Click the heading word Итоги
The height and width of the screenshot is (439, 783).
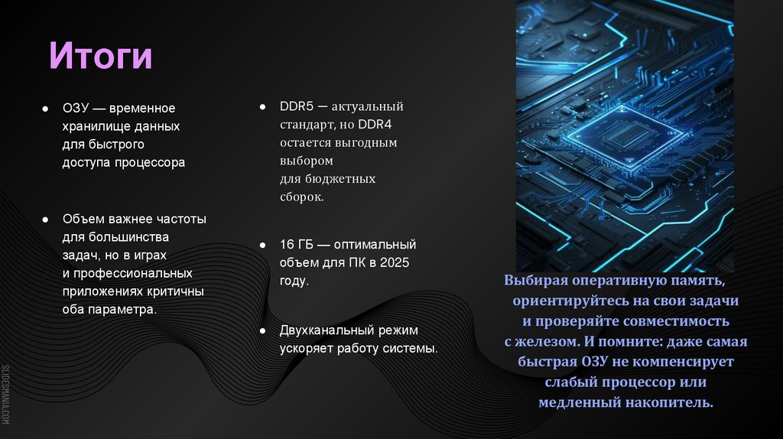pyautogui.click(x=101, y=57)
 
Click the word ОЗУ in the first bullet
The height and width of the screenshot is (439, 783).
pyautogui.click(x=74, y=108)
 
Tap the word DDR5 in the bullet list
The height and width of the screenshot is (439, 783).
pyautogui.click(x=295, y=106)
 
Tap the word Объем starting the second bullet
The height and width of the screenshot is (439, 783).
pyautogui.click(x=82, y=219)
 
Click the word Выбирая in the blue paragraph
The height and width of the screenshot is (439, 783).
pyautogui.click(x=534, y=281)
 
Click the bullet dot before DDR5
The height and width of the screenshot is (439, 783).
pyautogui.click(x=262, y=106)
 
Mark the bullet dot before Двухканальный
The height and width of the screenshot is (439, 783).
pyautogui.click(x=262, y=330)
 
